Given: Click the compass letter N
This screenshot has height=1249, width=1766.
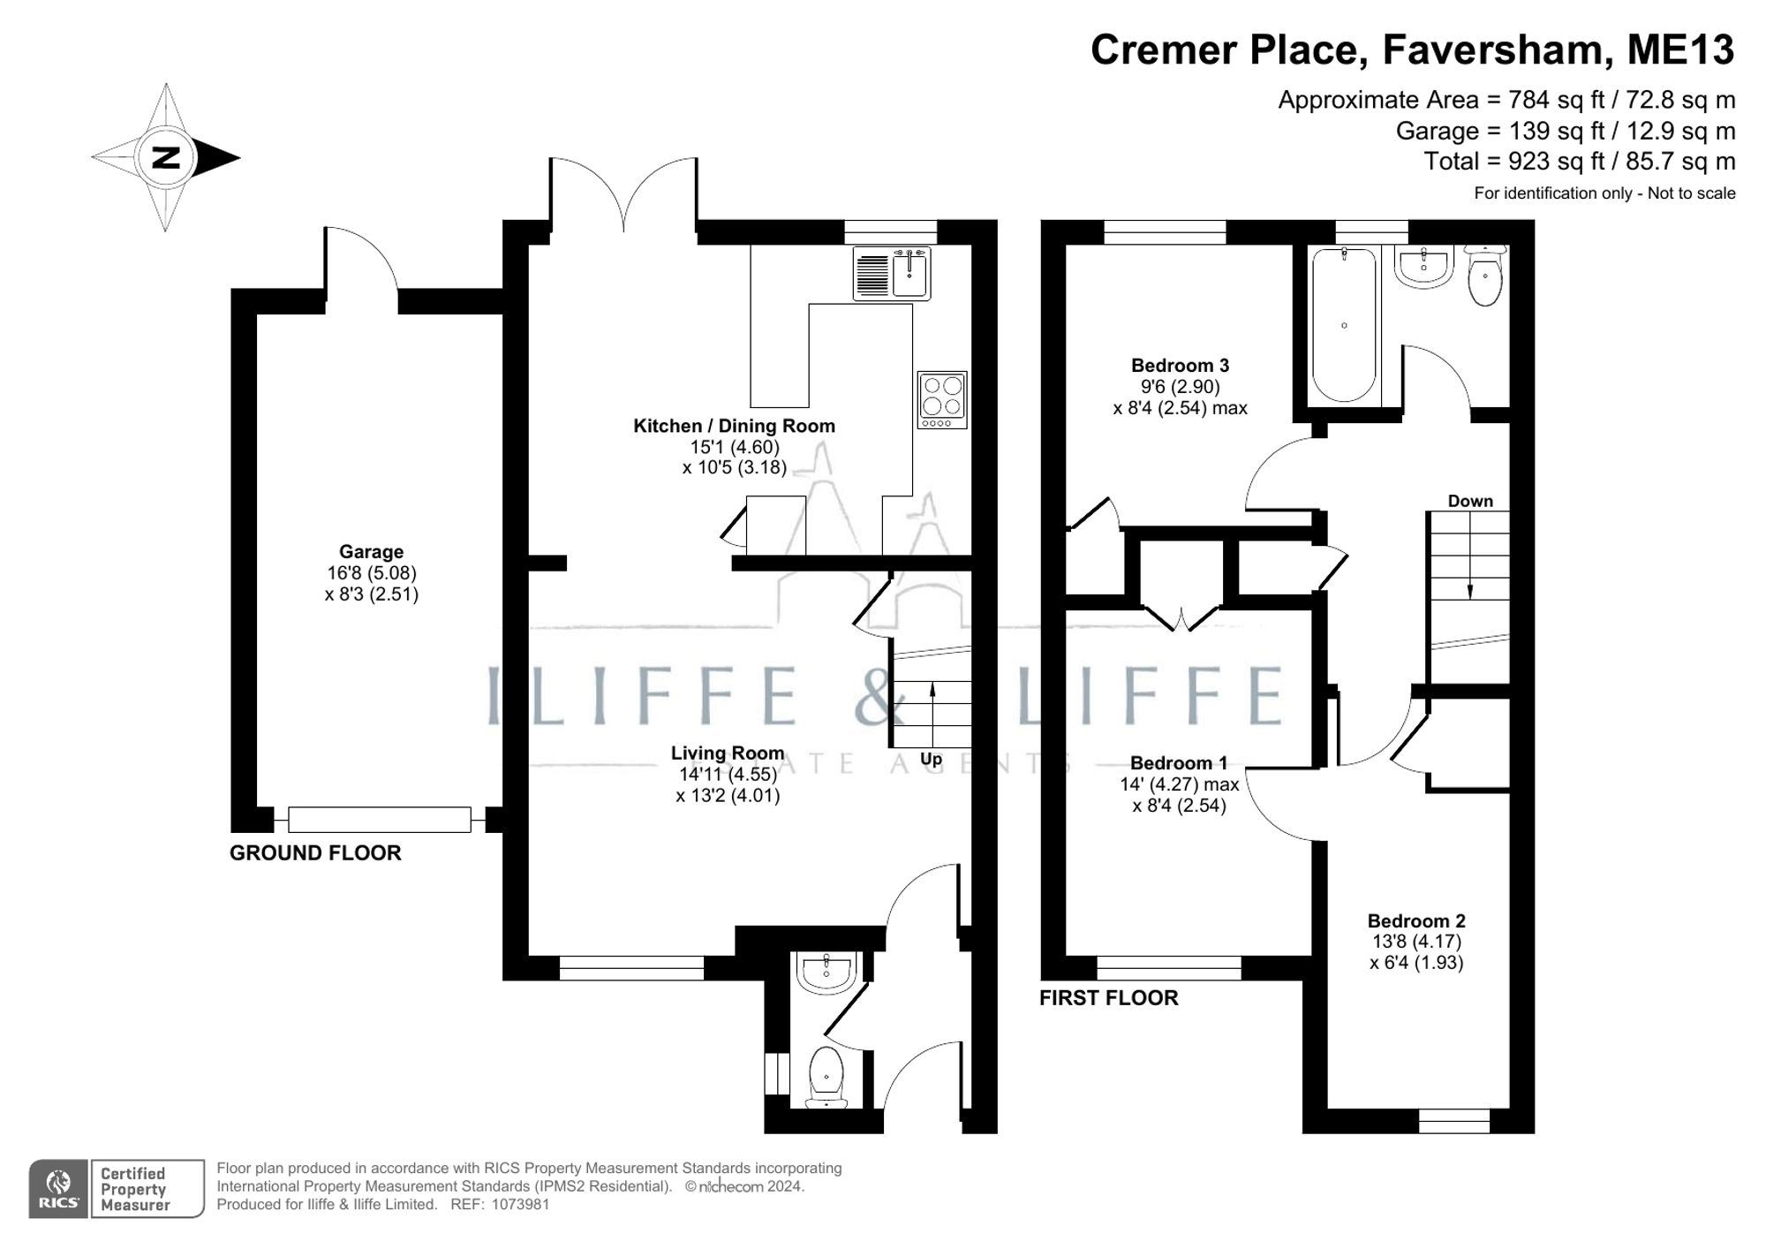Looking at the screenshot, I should click(x=166, y=158).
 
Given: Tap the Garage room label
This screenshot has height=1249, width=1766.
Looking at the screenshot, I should click(x=371, y=552).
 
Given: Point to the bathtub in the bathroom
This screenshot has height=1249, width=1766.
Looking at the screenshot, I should click(x=1344, y=325).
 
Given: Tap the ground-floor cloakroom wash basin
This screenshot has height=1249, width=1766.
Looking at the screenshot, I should click(x=824, y=973).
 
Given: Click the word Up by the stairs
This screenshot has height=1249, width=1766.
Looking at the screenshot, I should click(x=931, y=760).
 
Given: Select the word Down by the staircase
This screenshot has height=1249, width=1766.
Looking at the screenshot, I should click(x=1470, y=501).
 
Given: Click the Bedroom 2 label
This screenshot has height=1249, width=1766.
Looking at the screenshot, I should click(x=1416, y=921).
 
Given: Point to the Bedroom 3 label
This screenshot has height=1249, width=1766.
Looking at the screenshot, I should click(x=1180, y=366).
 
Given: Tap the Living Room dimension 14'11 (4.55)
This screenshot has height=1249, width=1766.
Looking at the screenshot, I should click(x=728, y=775).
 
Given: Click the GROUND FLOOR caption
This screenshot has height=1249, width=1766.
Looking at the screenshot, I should click(x=315, y=853).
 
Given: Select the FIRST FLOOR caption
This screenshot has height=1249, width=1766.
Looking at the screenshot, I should click(x=1108, y=998).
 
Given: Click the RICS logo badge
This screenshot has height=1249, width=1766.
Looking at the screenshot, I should click(x=58, y=1189).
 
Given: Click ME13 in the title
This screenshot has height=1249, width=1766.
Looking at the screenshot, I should click(x=1680, y=49).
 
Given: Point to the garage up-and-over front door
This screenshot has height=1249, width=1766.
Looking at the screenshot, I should click(x=380, y=820).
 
